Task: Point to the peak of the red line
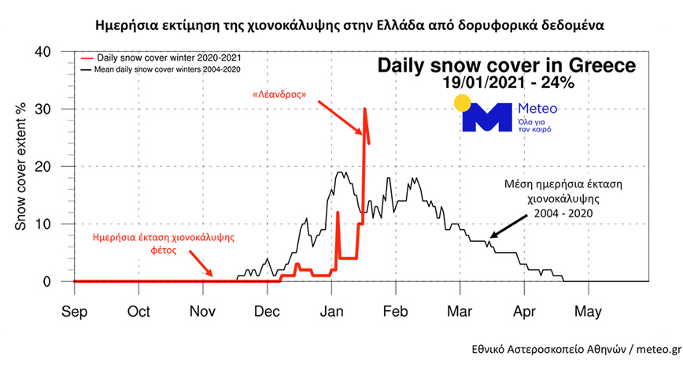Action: pos(364,109)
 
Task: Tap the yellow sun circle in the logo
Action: pos(463,104)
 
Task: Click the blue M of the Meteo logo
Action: pos(487,118)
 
